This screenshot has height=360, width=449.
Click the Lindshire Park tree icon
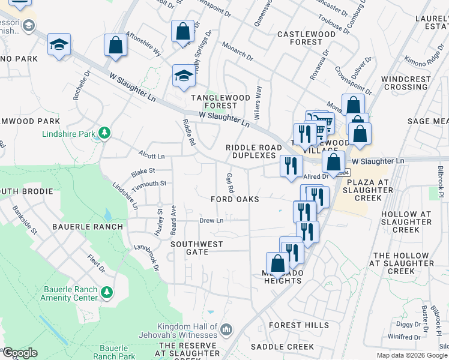[x=105, y=132]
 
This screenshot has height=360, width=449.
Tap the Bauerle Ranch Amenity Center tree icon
[x=106, y=292]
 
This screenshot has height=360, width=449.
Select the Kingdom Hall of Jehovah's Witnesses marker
[x=226, y=329]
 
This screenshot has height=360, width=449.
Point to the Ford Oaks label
[x=235, y=199]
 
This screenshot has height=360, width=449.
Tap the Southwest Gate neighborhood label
[x=197, y=248]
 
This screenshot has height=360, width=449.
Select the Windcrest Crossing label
[x=406, y=83]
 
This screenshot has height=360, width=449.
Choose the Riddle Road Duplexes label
[x=250, y=151]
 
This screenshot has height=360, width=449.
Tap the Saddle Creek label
[x=282, y=347]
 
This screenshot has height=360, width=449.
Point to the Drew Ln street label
[x=211, y=220]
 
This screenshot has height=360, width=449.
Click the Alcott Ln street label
[x=151, y=156]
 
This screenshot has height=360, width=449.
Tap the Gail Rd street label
[x=230, y=179]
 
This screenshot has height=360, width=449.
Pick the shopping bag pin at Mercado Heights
[x=277, y=263]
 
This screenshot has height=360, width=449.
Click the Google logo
[x=20, y=353]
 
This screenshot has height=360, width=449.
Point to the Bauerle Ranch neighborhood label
[x=88, y=227]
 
